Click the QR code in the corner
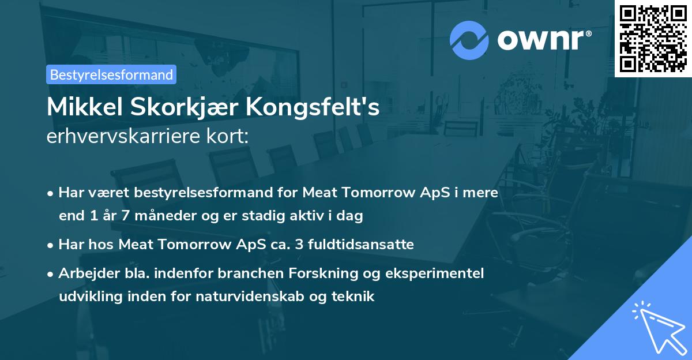coord(653,38)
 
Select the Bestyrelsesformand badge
coord(111,74)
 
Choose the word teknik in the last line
coord(354,297)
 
